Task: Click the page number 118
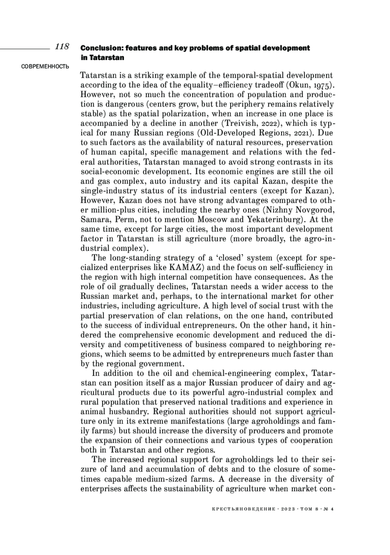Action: pos(62,47)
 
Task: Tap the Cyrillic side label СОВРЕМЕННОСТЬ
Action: pos(45,67)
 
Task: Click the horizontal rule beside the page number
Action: pos(24,49)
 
